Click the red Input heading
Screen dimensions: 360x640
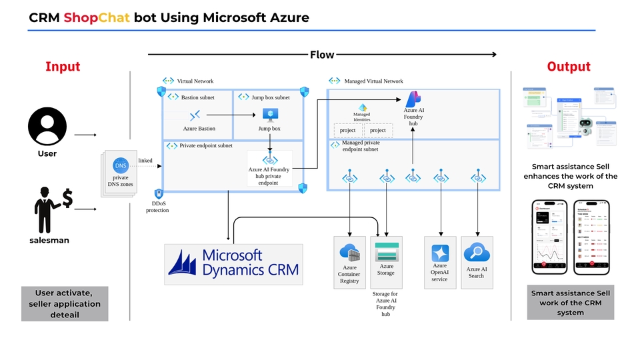pos(63,67)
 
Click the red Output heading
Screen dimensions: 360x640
pos(569,67)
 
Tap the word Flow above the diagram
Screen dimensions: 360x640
pos(322,55)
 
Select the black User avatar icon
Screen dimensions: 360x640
pos(47,127)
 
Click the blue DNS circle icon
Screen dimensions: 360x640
pos(121,165)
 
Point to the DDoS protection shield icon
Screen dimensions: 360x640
pos(159,194)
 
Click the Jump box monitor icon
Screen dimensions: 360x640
pos(270,115)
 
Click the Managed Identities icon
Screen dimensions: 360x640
pos(363,107)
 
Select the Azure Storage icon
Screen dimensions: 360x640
pos(387,252)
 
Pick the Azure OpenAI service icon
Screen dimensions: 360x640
pos(440,253)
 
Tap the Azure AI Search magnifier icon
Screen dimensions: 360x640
pos(477,252)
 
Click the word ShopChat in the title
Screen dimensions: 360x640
pos(97,17)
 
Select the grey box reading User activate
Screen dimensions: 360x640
pos(65,303)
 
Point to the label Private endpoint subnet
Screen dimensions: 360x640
pos(206,145)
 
